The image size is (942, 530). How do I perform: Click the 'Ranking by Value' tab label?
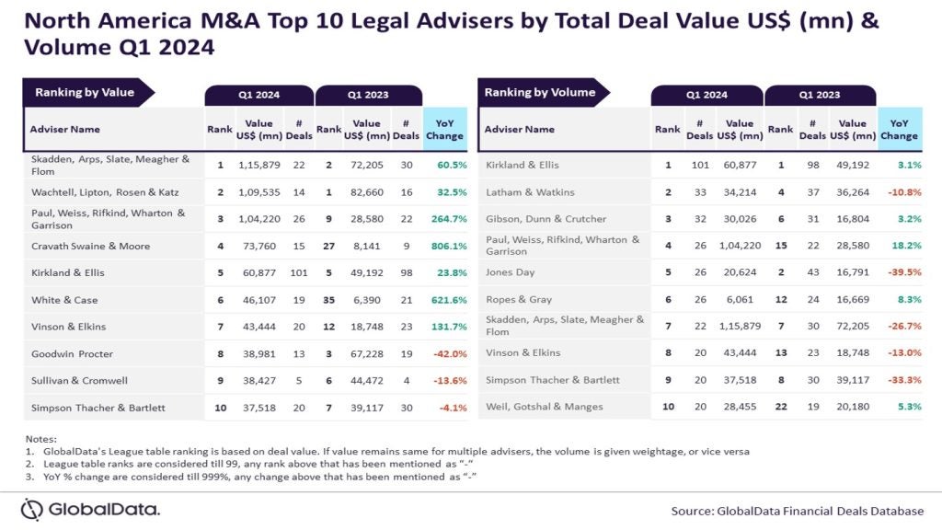85,92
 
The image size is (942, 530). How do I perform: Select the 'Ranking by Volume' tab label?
540,92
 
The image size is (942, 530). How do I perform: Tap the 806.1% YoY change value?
444,246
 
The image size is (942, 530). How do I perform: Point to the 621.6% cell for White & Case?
444,300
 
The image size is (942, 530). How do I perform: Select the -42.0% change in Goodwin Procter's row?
444,353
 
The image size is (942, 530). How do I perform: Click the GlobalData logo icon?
33,509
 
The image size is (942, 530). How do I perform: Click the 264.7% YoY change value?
444,219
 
